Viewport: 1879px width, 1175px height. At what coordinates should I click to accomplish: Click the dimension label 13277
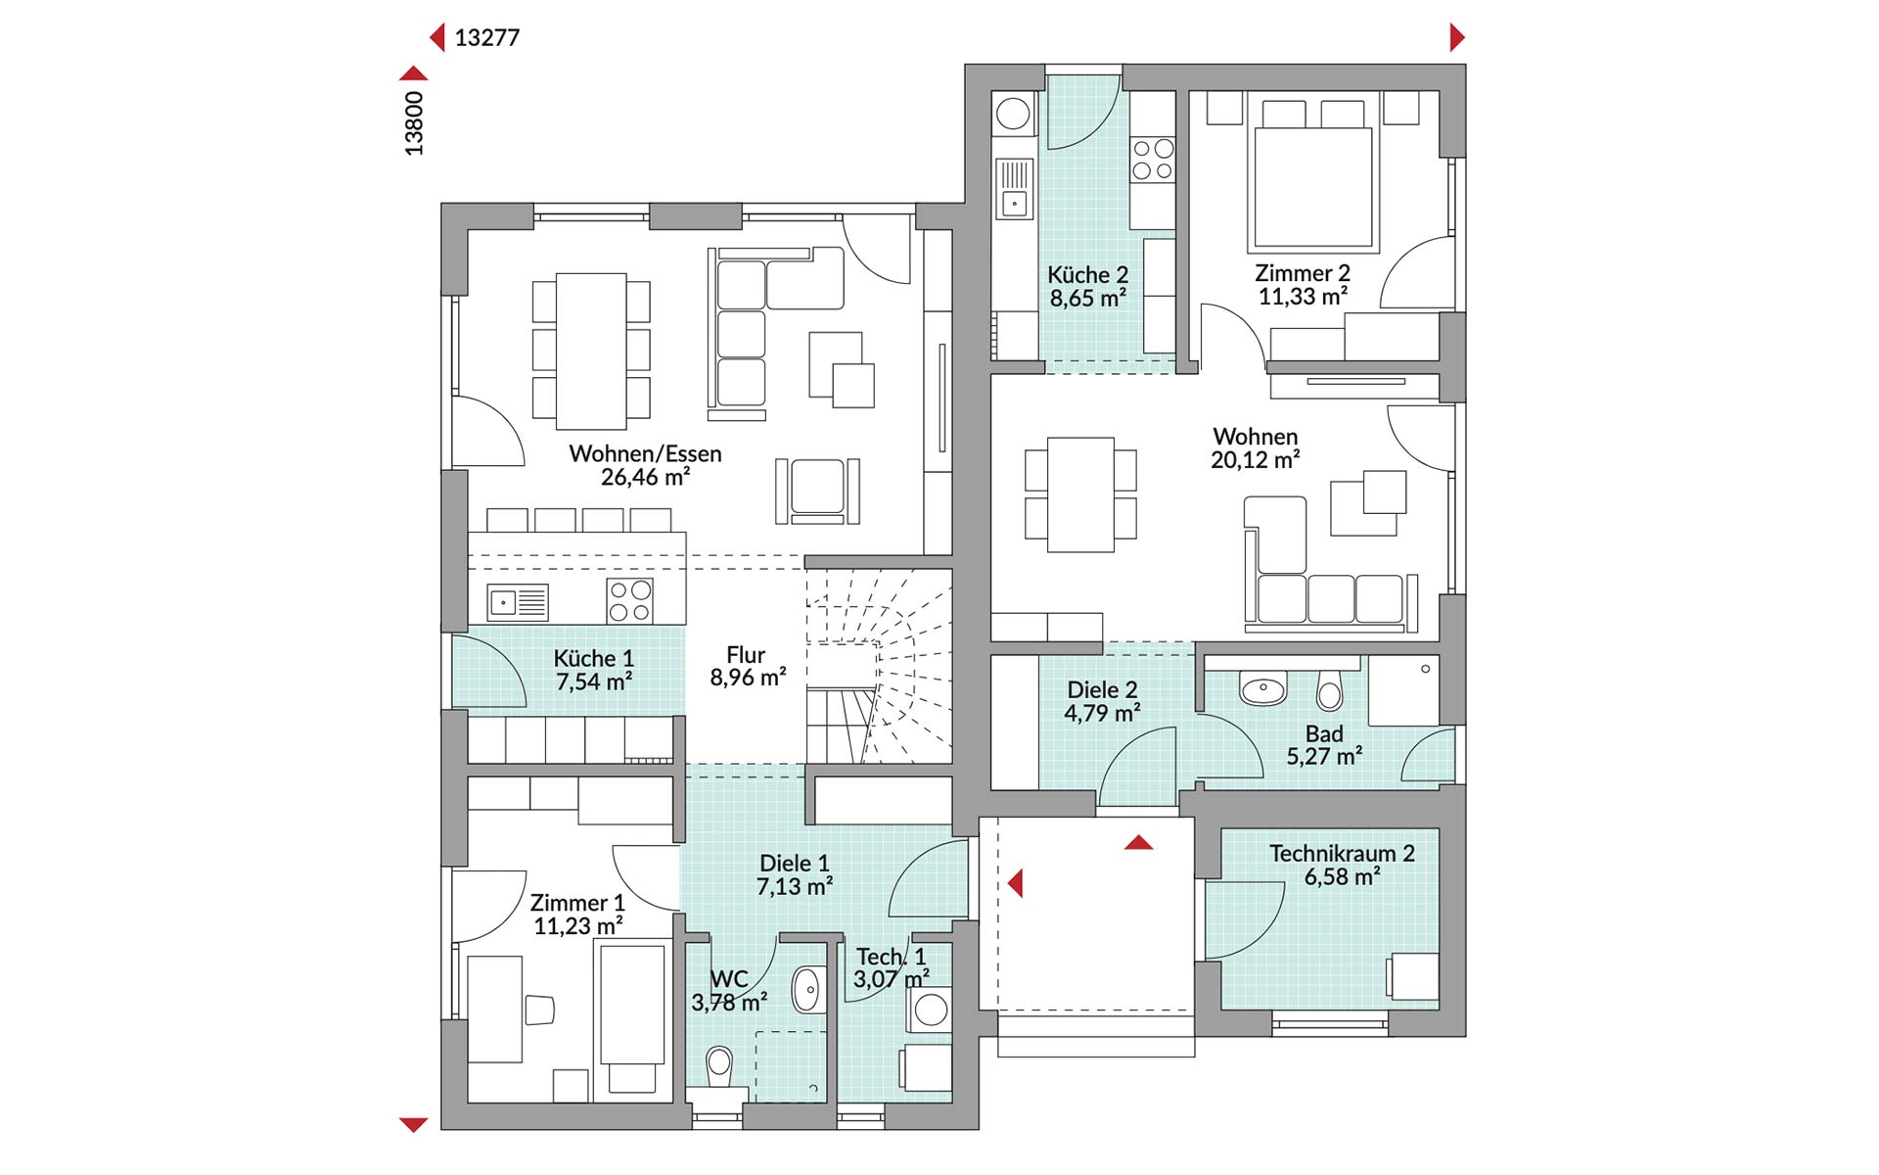(487, 38)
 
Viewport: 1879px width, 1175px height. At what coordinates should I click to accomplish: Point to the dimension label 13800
(414, 123)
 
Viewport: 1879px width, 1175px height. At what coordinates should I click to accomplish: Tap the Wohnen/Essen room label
(645, 453)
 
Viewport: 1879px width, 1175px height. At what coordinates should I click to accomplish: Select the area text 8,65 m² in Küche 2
(1087, 298)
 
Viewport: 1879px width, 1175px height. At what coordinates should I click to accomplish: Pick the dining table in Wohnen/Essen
(591, 351)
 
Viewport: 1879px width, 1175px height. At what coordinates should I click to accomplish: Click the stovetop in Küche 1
(630, 601)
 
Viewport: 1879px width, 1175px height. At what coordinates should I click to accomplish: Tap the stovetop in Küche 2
(1153, 160)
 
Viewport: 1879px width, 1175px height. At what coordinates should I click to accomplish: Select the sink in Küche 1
(518, 602)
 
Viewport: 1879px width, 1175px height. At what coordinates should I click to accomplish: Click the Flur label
(746, 654)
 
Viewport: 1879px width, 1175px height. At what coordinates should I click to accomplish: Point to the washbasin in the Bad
(1262, 688)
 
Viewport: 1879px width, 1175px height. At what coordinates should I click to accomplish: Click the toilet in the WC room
(719, 1067)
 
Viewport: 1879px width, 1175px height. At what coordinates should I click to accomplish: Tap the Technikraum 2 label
(1342, 853)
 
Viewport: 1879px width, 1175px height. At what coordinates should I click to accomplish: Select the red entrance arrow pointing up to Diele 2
(1138, 842)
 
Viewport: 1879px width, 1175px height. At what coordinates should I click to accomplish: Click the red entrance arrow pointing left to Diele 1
(1015, 883)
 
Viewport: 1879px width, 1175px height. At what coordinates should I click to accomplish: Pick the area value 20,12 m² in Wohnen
(1256, 459)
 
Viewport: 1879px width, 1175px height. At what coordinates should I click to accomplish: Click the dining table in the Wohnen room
(1080, 494)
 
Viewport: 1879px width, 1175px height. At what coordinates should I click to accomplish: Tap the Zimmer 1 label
(577, 902)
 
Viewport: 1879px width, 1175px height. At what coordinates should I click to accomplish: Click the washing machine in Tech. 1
(931, 1010)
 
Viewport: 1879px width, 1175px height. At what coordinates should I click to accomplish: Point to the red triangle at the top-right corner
(1457, 38)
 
